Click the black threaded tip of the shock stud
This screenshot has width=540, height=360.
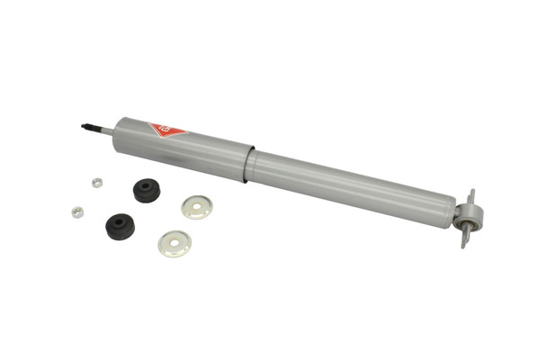pos(89,127)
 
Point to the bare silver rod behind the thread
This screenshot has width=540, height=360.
pos(107,131)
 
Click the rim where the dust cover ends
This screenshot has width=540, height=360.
pos(249,162)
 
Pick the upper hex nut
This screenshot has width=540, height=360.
pos(97,183)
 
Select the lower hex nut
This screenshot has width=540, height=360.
pos(77,212)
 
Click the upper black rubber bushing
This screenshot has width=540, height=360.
pos(146,191)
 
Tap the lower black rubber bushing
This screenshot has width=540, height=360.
pos(119,225)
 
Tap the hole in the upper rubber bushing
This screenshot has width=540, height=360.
pos(146,186)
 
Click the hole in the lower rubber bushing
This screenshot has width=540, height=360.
pos(119,220)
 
